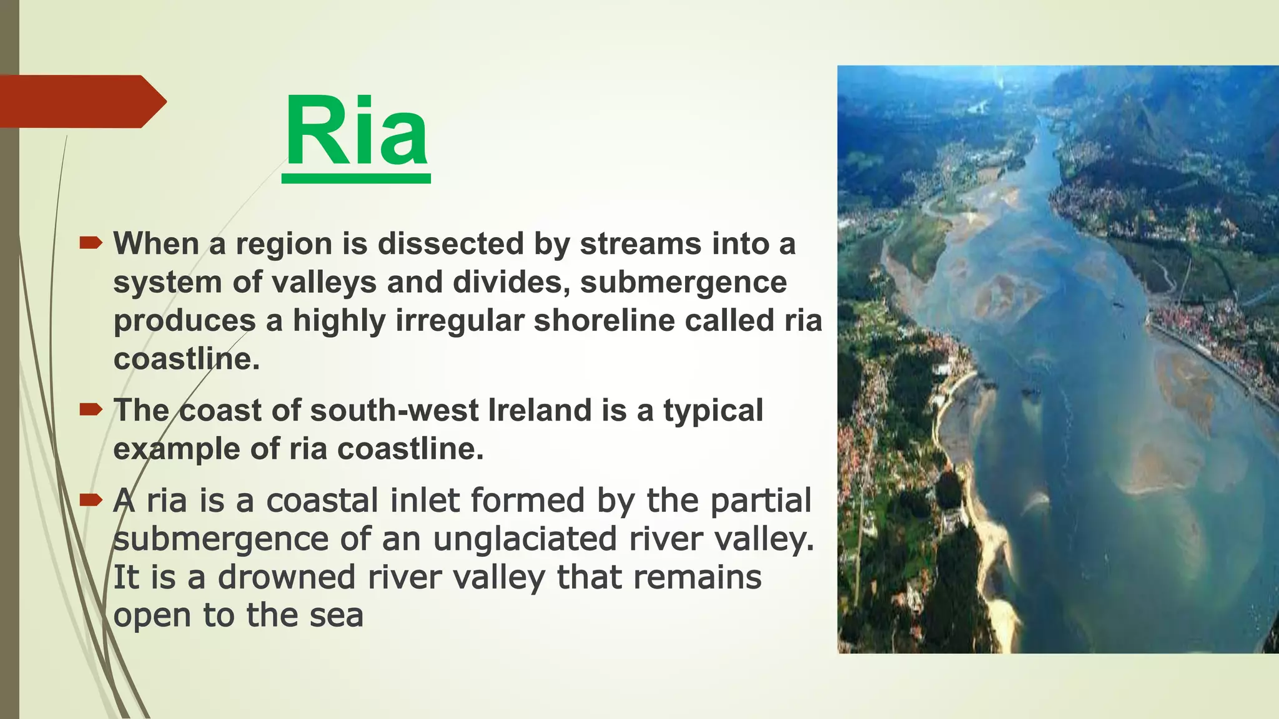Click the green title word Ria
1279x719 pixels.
coord(356,132)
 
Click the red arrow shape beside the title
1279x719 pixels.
coord(81,101)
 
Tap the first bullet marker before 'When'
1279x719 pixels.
coord(91,243)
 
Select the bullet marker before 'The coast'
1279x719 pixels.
coord(91,410)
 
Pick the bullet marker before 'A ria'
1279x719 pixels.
coord(91,499)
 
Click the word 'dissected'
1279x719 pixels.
coord(450,243)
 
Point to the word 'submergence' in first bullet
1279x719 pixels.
coord(683,282)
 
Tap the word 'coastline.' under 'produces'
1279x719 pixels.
coord(186,359)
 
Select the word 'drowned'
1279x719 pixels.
coord(286,577)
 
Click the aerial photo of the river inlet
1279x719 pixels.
coord(1058,359)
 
